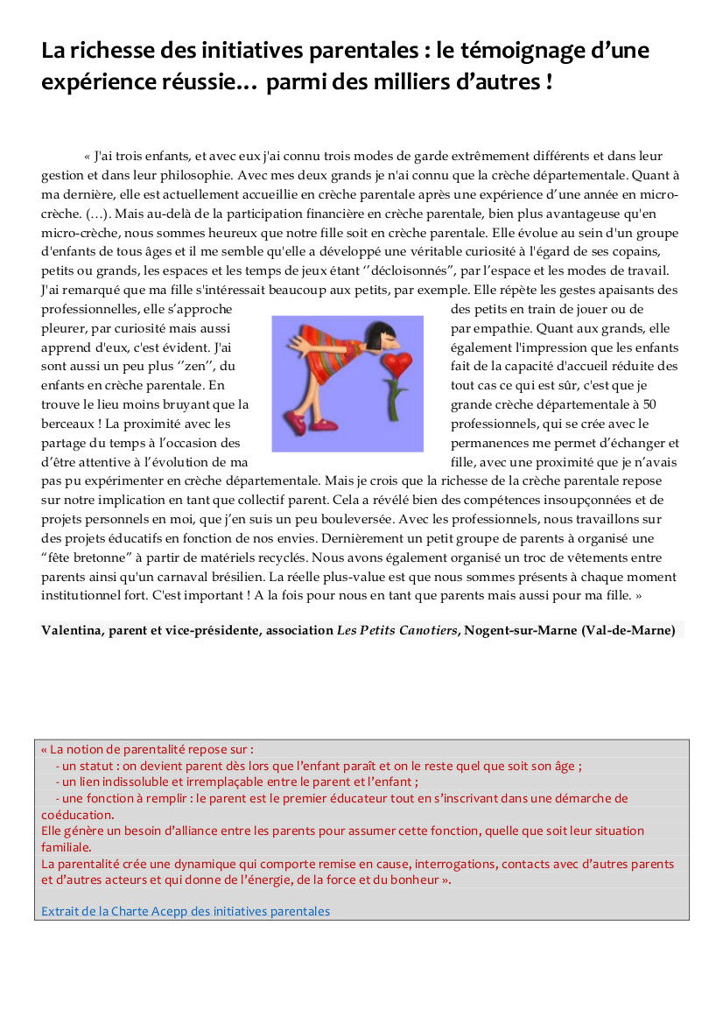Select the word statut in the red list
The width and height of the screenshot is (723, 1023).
(x=99, y=767)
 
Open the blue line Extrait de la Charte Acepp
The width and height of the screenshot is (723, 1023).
(x=186, y=912)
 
